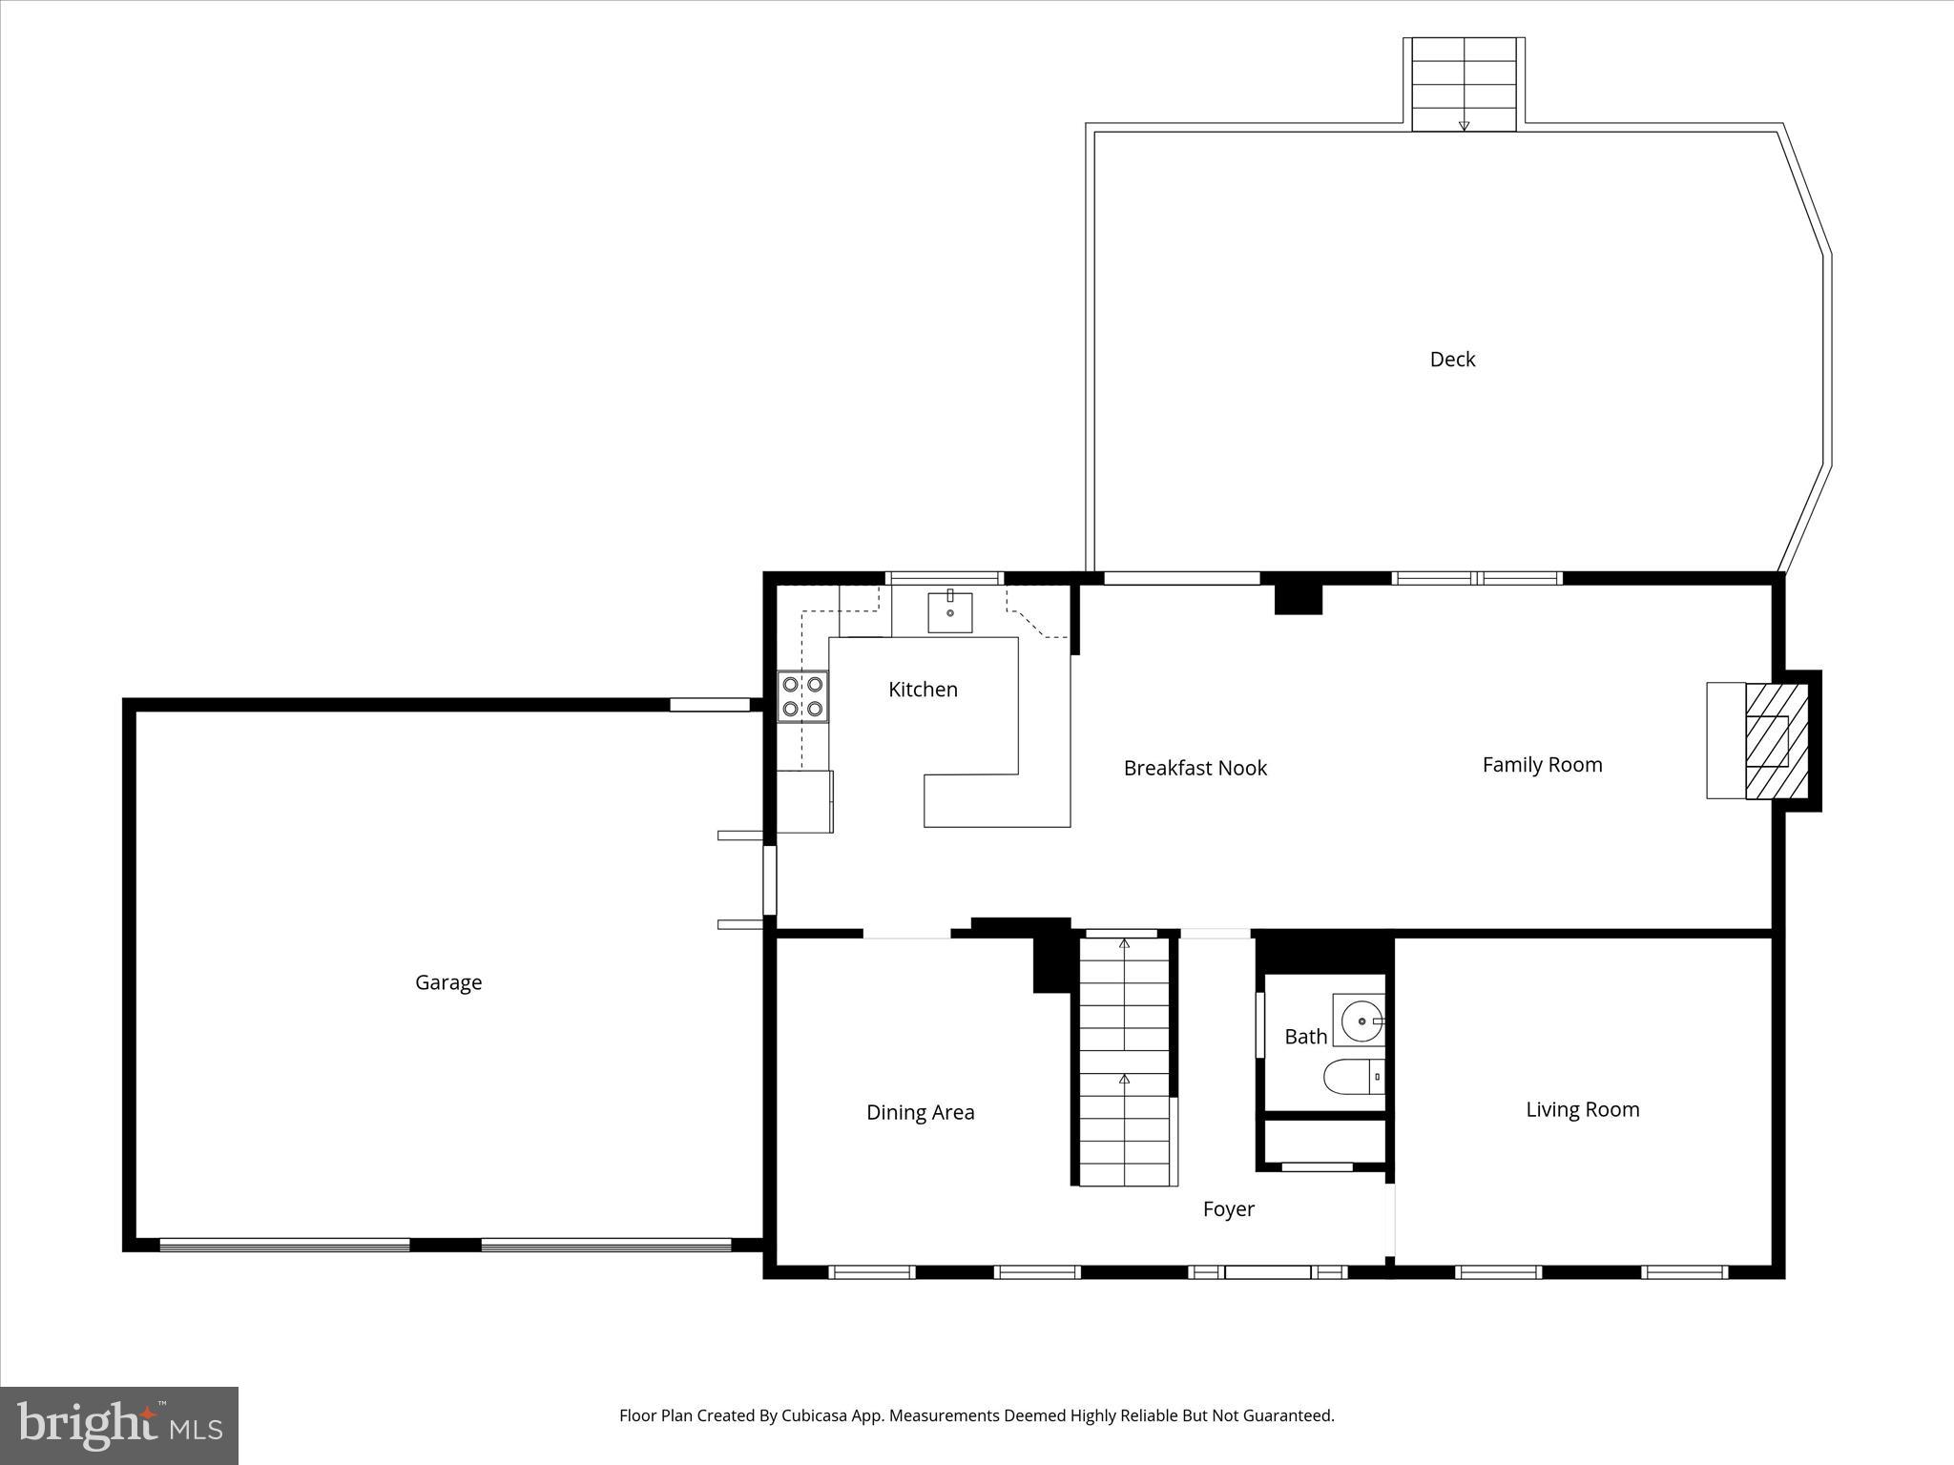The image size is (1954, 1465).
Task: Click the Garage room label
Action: click(448, 982)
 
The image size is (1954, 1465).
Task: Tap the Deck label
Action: click(1452, 360)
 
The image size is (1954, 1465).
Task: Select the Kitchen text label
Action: click(923, 690)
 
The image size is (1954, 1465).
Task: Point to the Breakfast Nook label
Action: click(1195, 768)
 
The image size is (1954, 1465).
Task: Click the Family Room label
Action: click(1542, 764)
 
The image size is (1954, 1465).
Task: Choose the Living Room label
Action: click(1582, 1109)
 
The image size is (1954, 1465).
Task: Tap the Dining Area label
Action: click(920, 1112)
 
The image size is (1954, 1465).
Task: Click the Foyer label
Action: click(1228, 1209)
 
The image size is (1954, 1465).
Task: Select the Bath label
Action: click(1305, 1037)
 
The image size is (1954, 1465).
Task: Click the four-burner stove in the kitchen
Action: click(802, 697)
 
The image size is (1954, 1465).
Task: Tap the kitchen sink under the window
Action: click(950, 612)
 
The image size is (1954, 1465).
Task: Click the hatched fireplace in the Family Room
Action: click(1776, 741)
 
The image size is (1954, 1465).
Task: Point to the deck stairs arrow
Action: click(1464, 125)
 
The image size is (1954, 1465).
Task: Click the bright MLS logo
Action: click(119, 1426)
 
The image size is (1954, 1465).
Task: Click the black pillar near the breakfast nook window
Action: click(1299, 598)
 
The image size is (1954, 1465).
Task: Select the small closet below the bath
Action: click(1323, 1140)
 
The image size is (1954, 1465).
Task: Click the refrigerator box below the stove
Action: click(804, 801)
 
